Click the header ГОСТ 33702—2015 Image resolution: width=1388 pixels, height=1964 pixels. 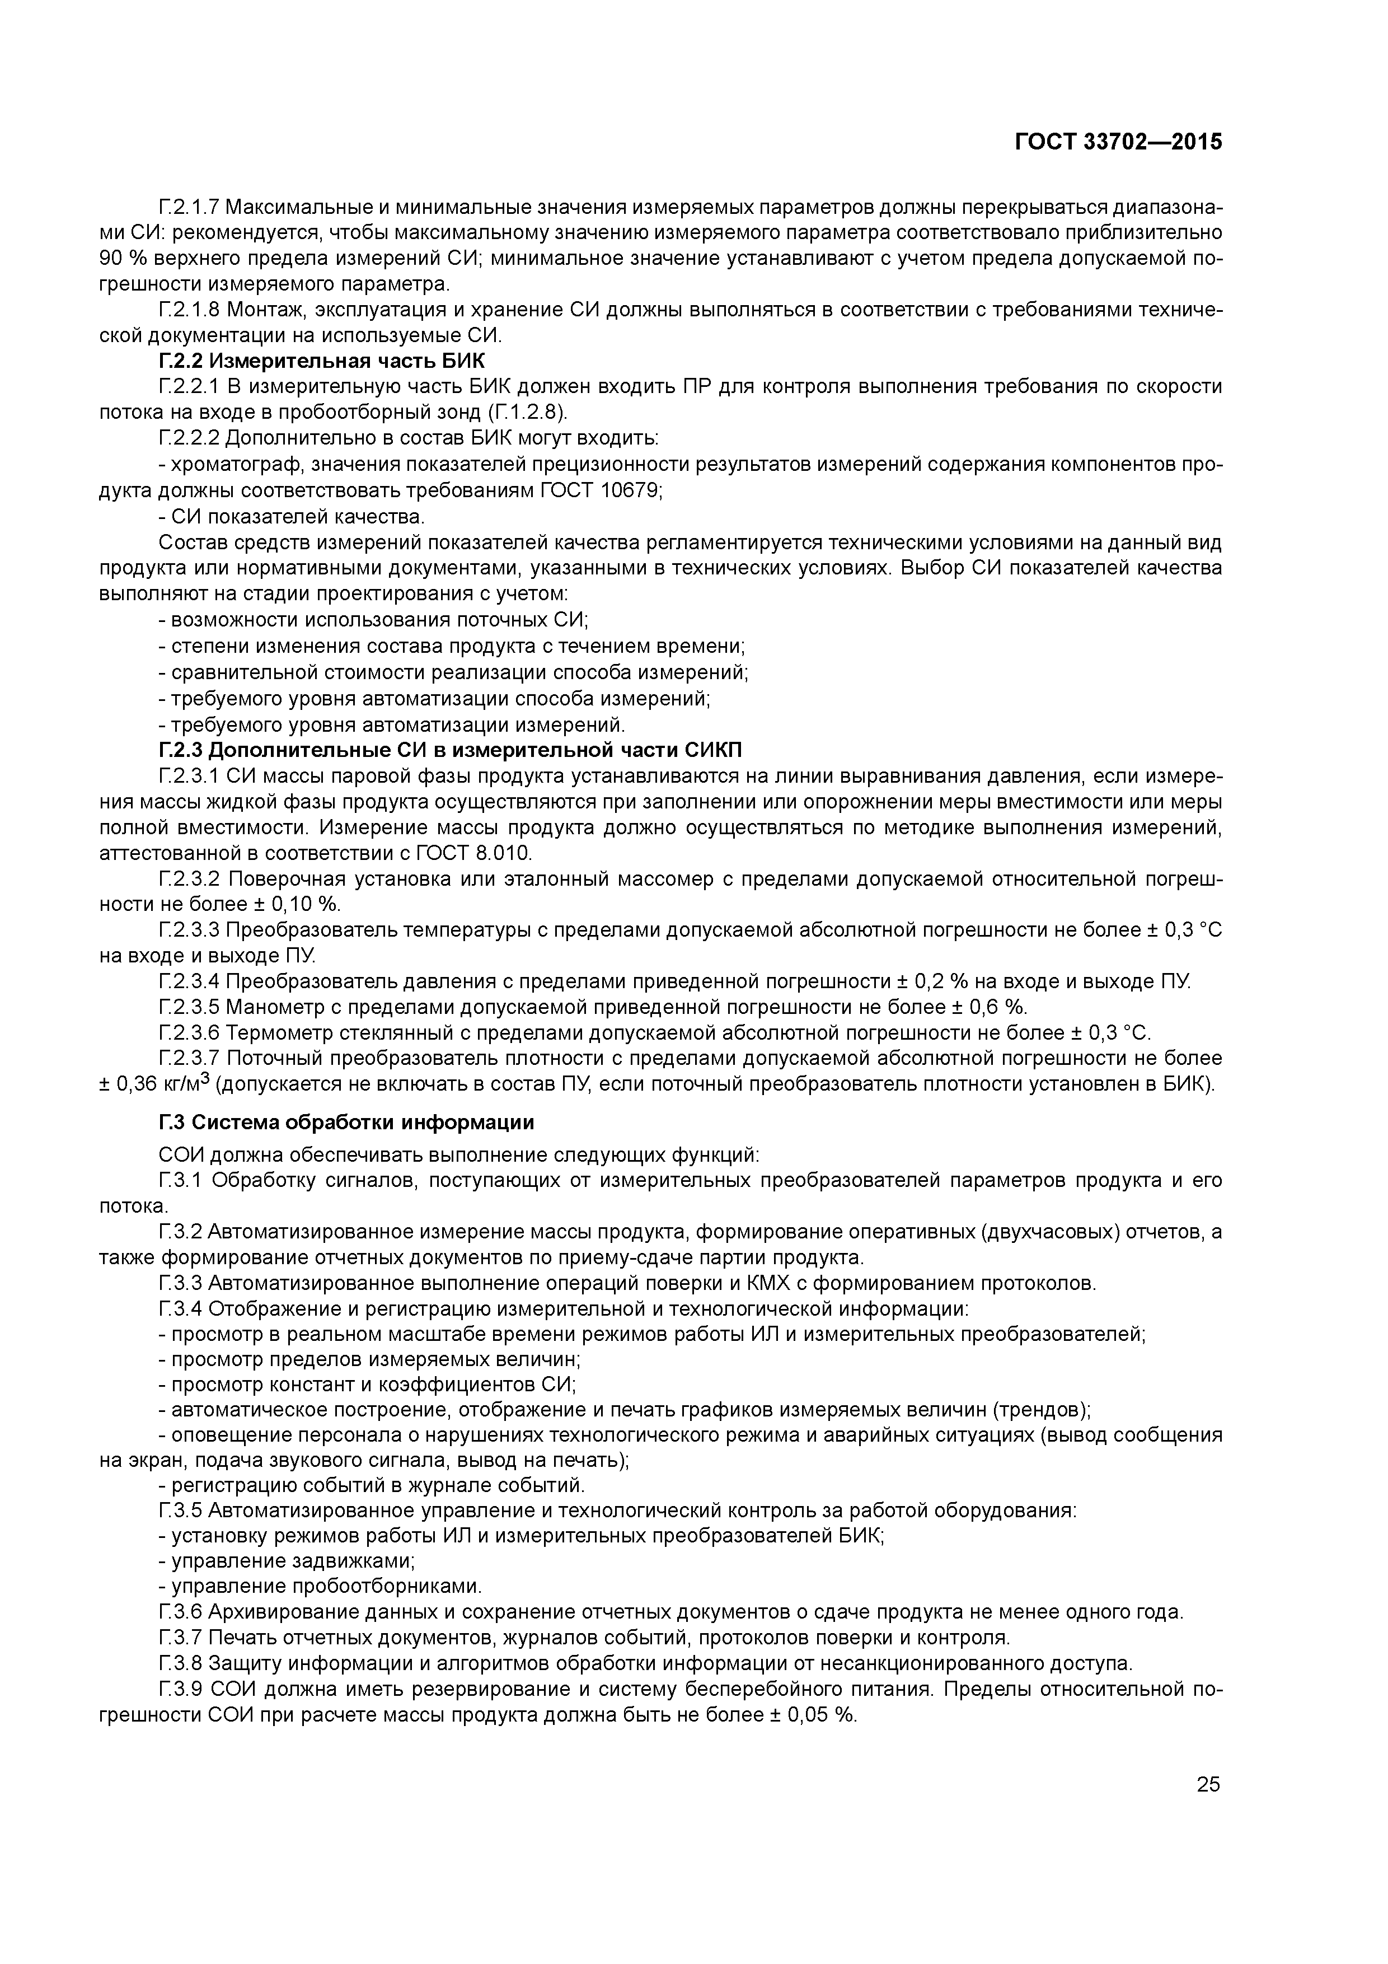pos(1118,142)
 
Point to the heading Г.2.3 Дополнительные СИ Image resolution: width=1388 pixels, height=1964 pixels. pos(451,750)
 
